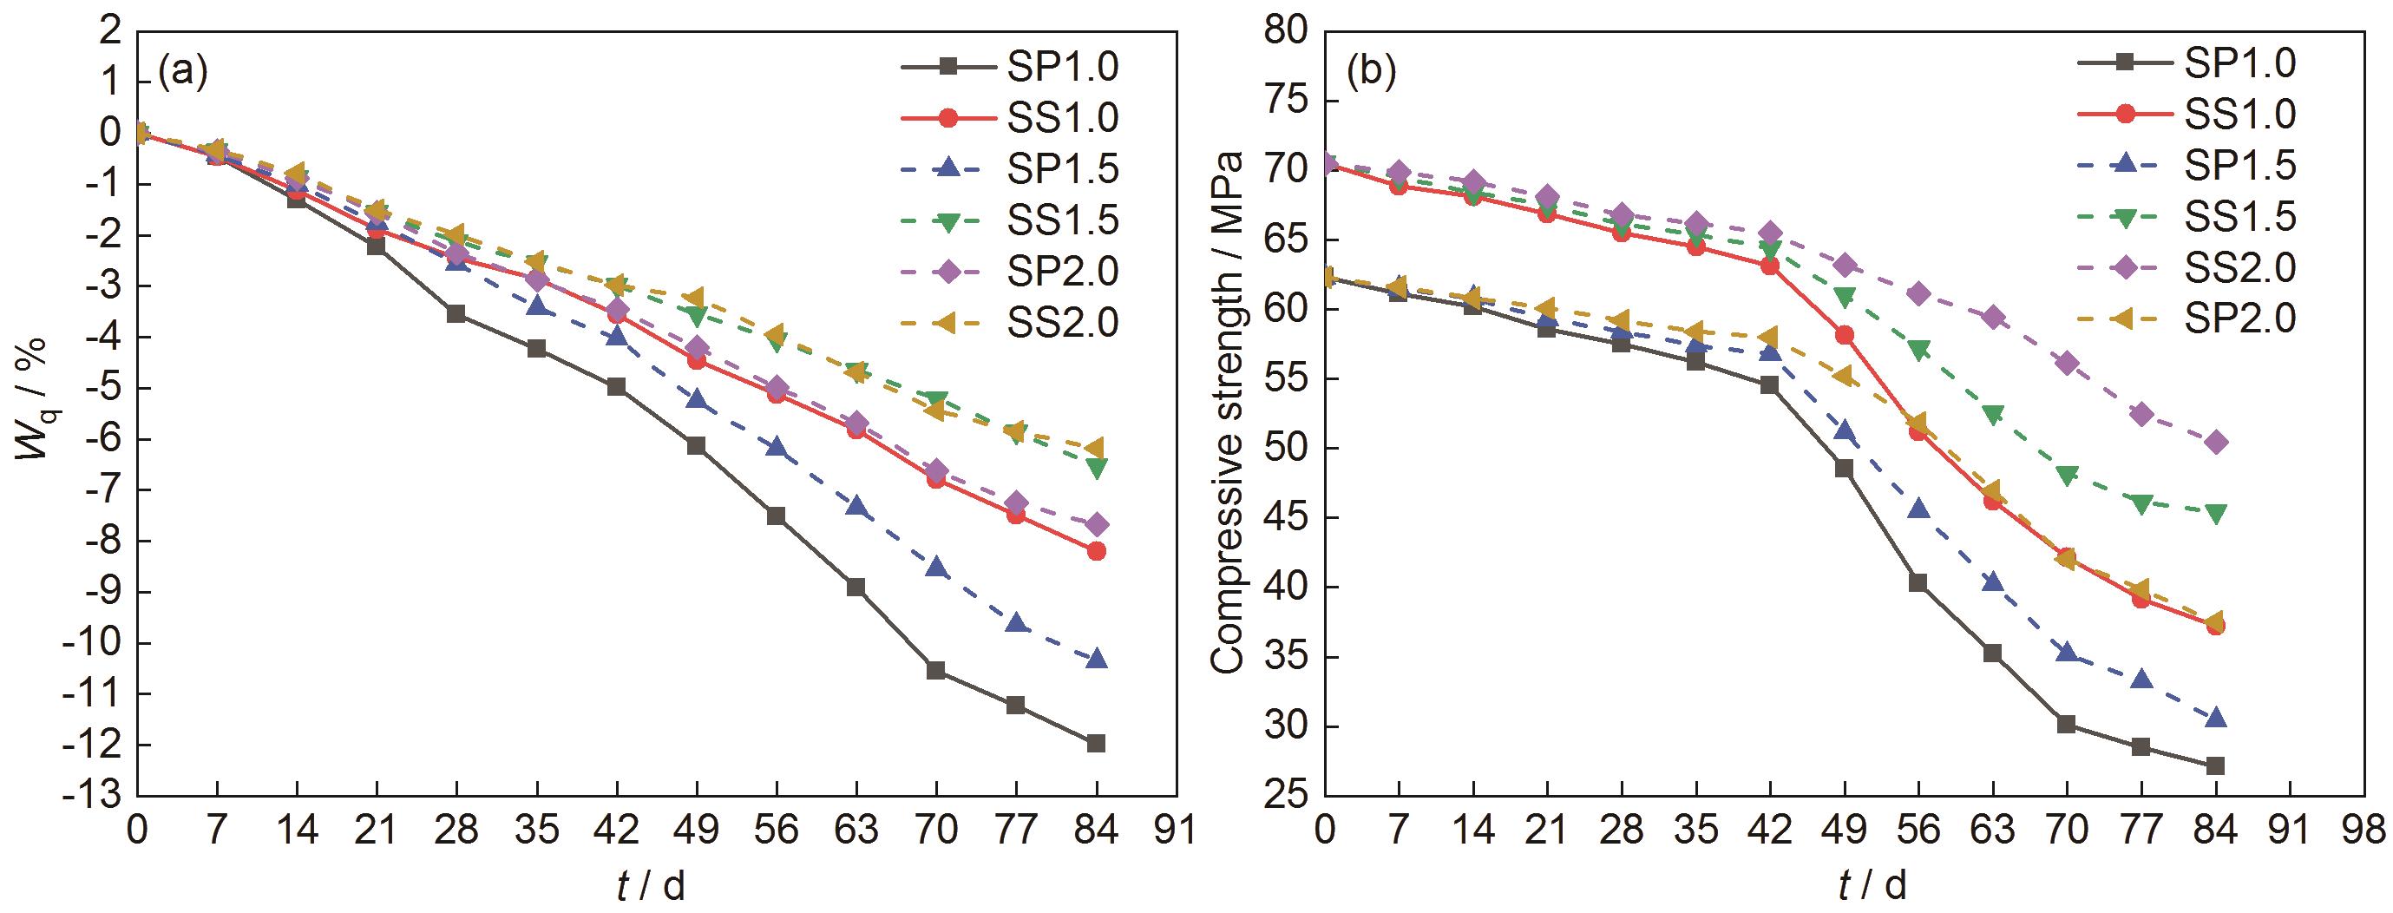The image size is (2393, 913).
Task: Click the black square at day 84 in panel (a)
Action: coord(1096,743)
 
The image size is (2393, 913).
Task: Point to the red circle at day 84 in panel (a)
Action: coord(1096,551)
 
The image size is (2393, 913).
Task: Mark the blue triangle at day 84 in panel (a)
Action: coord(1096,659)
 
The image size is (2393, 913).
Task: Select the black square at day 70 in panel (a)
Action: coord(935,671)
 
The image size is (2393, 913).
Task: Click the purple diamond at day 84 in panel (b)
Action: coord(2216,442)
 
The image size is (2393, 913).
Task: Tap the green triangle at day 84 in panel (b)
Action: coord(2216,514)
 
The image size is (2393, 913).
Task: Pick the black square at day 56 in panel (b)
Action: coord(1918,582)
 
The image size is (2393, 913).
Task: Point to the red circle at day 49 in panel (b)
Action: coord(1845,335)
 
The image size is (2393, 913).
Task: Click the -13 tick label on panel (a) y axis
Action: coord(95,796)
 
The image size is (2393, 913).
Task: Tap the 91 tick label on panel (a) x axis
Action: coord(1176,829)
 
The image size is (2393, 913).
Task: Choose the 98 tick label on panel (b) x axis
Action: coord(2364,829)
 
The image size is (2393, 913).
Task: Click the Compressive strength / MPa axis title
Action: coord(1228,413)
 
